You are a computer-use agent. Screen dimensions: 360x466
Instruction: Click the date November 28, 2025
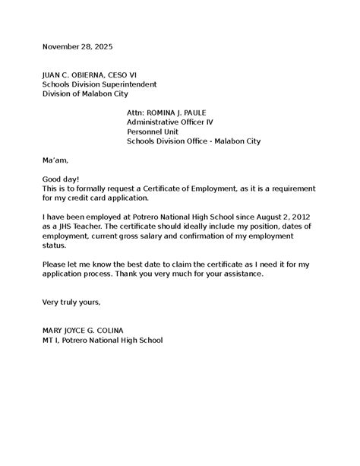(x=77, y=47)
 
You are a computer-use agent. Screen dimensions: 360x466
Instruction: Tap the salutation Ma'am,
(x=55, y=160)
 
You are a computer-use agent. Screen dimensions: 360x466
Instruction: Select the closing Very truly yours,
(x=71, y=302)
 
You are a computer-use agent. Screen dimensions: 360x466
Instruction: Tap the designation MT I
(x=51, y=340)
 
